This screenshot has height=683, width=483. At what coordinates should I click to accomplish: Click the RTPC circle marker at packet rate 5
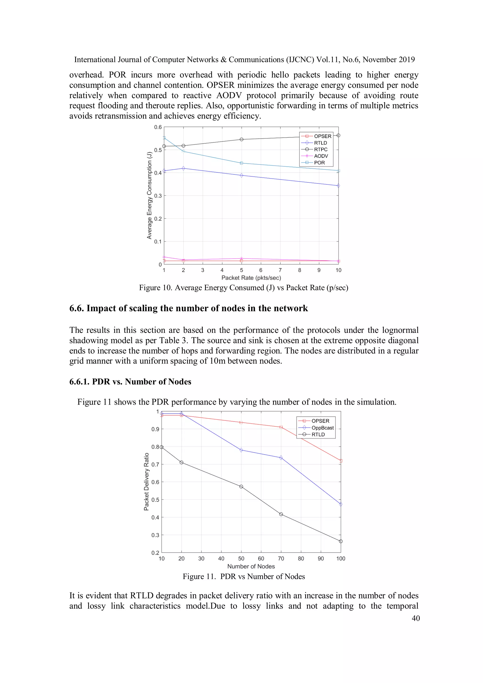click(x=241, y=140)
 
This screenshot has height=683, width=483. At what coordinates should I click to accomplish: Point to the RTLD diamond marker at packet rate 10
click(x=338, y=186)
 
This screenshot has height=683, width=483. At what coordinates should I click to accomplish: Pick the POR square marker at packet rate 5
click(x=241, y=163)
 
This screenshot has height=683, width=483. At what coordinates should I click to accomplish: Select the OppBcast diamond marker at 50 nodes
click(x=241, y=450)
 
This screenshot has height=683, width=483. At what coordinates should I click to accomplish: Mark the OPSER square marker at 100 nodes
click(x=341, y=461)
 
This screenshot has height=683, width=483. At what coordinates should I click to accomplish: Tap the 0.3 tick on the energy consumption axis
click(x=158, y=196)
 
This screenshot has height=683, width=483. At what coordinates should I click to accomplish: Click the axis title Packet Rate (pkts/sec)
click(x=251, y=278)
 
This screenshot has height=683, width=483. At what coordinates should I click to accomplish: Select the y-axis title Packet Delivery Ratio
click(x=146, y=482)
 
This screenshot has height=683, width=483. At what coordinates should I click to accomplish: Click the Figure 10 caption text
click(x=243, y=288)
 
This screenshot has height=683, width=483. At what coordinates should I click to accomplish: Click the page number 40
click(x=416, y=618)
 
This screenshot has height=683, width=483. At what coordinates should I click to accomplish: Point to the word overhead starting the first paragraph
click(x=86, y=75)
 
